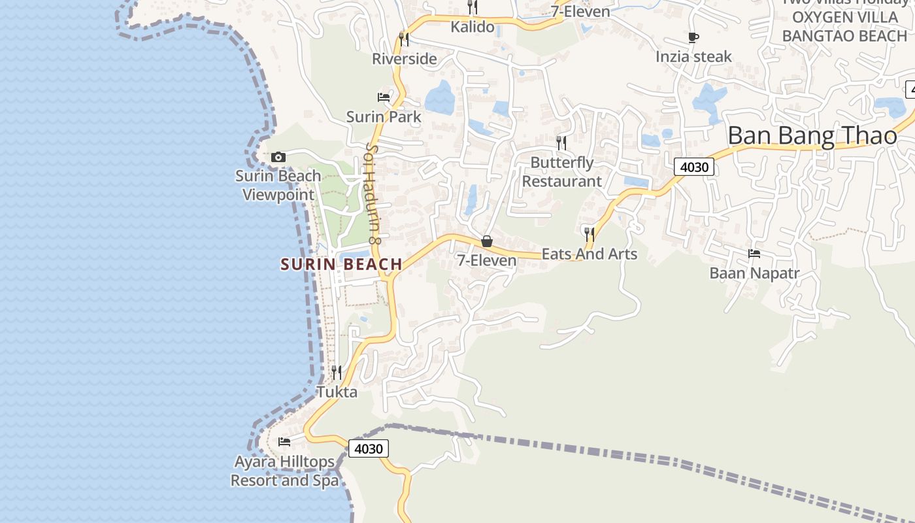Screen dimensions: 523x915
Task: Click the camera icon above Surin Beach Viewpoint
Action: (x=278, y=158)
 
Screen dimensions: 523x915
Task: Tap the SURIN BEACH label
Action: (x=341, y=264)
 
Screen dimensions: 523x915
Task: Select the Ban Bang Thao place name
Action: (x=812, y=136)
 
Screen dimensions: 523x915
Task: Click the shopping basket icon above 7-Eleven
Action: (x=487, y=242)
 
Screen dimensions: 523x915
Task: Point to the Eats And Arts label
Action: (x=589, y=254)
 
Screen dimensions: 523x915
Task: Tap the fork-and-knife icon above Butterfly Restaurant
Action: (x=561, y=143)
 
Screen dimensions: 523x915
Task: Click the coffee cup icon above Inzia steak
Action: (x=693, y=38)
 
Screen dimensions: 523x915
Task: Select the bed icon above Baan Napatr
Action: (x=754, y=254)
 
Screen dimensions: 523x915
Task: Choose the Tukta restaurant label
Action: (x=337, y=392)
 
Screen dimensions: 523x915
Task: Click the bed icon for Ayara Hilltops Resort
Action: (x=284, y=442)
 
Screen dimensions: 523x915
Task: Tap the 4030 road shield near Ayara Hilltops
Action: (x=369, y=448)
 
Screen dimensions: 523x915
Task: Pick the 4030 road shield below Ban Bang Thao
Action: (x=694, y=167)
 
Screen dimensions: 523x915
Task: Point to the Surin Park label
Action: (x=384, y=117)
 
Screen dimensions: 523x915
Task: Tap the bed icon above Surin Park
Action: (x=384, y=97)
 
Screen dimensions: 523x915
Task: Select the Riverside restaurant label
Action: (x=404, y=59)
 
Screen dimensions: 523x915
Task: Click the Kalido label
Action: (x=473, y=27)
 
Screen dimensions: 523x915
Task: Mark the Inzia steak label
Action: (x=693, y=57)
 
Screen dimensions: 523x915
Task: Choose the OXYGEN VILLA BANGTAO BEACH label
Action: (x=844, y=26)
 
